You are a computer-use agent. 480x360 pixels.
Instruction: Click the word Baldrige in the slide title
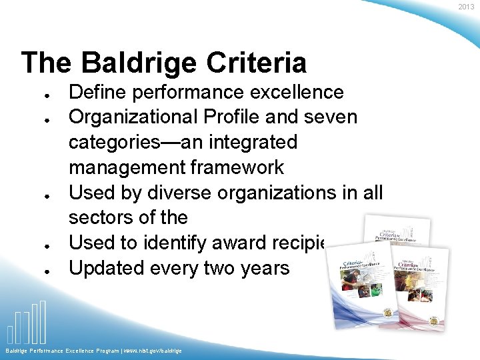point(139,63)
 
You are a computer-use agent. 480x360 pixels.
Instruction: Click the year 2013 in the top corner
point(467,7)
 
